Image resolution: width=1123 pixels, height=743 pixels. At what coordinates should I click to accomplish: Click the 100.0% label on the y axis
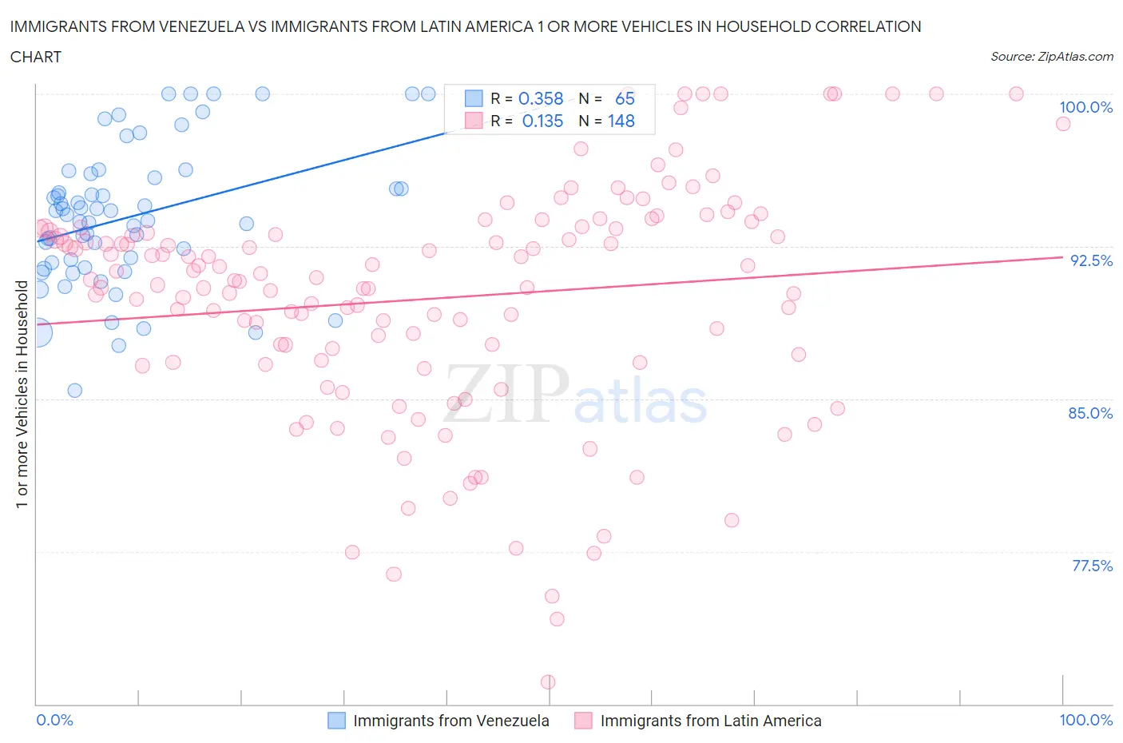coord(1085,107)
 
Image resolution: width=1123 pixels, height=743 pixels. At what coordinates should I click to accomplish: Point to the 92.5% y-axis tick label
coord(1091,260)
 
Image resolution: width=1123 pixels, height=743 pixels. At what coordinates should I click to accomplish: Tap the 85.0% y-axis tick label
coord(1090,413)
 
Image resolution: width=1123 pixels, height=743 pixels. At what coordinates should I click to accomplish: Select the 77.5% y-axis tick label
coord(1092,566)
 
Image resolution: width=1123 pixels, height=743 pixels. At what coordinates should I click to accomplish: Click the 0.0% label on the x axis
coord(54,720)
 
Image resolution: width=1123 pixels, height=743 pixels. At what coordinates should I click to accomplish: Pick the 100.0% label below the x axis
coord(1085,720)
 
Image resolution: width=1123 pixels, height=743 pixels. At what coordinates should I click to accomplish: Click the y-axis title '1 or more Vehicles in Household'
coord(22,394)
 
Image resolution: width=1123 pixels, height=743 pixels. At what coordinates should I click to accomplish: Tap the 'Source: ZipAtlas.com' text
coord(1052,56)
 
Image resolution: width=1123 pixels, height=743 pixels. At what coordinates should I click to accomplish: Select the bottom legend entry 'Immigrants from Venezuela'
coord(450,721)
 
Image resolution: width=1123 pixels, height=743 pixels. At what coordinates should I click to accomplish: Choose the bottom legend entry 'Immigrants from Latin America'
coord(710,721)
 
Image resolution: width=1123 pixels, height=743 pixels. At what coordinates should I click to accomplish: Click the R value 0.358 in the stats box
coord(541,98)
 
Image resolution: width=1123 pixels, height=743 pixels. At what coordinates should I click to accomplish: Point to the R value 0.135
coord(542,121)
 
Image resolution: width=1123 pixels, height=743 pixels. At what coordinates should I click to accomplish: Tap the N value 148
coord(621,121)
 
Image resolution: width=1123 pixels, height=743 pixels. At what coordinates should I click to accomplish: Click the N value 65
coord(625,98)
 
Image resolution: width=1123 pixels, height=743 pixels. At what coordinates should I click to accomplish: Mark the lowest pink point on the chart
coord(548,681)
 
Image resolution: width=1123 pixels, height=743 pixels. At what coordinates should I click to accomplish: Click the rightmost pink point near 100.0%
coord(1062,124)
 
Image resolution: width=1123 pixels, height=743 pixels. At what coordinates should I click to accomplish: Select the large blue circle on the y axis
coord(37,332)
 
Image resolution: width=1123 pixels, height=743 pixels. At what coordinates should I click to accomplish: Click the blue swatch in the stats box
coord(474,98)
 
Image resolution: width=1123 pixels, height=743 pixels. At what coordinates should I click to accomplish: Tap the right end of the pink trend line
coord(1062,257)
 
